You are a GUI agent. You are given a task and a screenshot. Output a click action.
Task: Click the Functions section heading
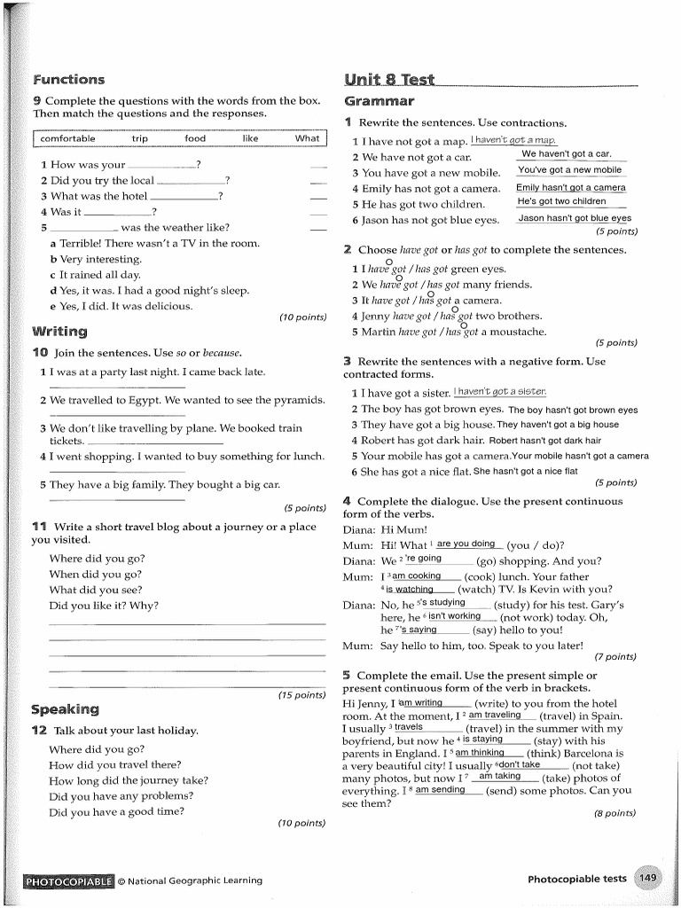[x=68, y=80]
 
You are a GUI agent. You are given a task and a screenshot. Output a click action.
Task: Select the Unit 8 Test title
[x=389, y=80]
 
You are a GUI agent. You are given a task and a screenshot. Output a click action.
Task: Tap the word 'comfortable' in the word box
[x=67, y=138]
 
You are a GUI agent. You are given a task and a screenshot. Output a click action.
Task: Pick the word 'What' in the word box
[x=307, y=138]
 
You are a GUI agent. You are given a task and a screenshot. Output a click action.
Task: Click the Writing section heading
[x=59, y=332]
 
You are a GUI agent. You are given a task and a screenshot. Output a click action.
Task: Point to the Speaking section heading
[x=65, y=709]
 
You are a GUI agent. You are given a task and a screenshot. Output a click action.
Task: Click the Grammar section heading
[x=379, y=101]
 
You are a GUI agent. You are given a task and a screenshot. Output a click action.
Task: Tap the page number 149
[x=649, y=878]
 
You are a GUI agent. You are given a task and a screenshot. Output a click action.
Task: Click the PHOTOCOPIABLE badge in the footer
[x=68, y=881]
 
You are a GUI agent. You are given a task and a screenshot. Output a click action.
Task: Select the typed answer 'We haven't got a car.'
[x=567, y=154]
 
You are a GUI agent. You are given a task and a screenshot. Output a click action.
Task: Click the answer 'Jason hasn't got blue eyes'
[x=575, y=218]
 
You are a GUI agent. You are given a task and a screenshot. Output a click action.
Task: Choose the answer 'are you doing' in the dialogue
[x=466, y=544]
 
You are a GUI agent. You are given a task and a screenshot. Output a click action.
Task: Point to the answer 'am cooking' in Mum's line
[x=417, y=575]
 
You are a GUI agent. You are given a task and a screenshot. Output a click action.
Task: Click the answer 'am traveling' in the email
[x=495, y=715]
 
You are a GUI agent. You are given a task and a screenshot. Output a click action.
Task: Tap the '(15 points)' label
[x=301, y=694]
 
